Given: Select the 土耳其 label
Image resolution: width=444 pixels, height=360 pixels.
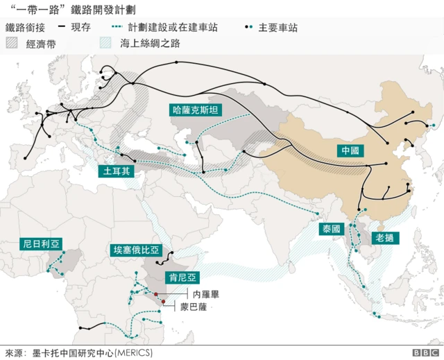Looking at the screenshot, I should (115, 170).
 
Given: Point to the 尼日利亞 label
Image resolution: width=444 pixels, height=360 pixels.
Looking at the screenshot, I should (40, 243).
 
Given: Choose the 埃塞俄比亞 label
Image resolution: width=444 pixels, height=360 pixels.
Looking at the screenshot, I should (136, 250).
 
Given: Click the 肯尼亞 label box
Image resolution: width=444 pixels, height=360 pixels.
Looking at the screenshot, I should (182, 277).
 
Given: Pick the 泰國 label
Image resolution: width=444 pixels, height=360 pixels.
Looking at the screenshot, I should (331, 229).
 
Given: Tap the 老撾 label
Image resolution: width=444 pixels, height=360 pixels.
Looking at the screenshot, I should (386, 237).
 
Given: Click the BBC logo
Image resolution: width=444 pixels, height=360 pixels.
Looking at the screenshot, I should (424, 352).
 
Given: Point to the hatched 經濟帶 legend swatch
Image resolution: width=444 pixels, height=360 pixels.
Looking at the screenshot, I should (15, 42).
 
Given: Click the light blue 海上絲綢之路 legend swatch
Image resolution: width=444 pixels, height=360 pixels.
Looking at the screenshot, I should (100, 42).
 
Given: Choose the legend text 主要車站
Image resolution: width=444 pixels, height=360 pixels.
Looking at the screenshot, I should (277, 27).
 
